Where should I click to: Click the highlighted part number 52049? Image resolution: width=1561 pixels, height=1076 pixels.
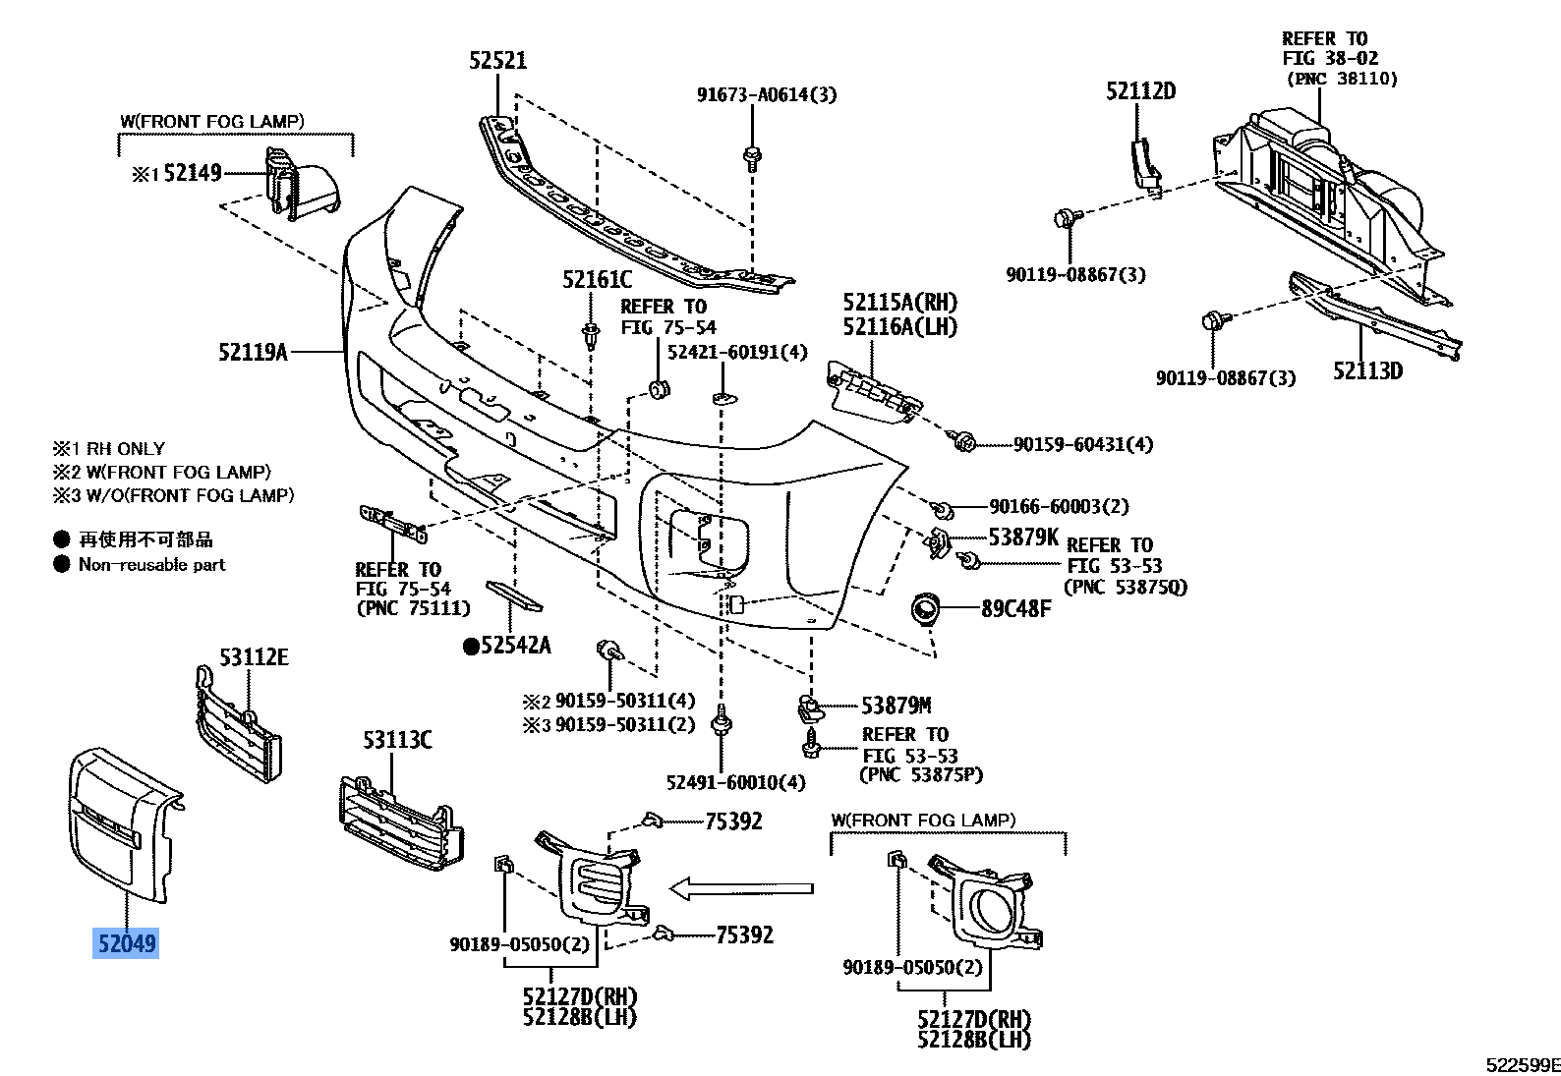point(125,944)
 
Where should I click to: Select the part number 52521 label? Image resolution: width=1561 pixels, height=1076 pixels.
point(497,61)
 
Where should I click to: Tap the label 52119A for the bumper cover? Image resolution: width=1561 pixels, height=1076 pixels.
point(253,351)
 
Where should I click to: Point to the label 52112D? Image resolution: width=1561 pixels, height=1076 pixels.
point(1140,91)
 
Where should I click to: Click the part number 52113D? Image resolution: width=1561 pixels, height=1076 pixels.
point(1367,371)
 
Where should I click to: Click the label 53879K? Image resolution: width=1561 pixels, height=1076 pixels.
point(1023,537)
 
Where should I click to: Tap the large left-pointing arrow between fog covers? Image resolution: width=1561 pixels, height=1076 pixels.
point(741,889)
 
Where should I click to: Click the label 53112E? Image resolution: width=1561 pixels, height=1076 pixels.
point(254,657)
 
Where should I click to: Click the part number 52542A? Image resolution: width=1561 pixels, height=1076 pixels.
point(515,646)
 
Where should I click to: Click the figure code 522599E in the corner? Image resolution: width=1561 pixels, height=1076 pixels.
point(1522,1064)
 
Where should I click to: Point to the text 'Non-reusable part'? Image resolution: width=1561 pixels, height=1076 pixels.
point(151,565)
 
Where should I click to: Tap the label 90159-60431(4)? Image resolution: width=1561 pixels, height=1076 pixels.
point(1083,444)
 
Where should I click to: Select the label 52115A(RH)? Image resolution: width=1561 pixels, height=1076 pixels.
point(899,303)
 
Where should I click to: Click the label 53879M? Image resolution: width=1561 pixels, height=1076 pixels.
point(896,706)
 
